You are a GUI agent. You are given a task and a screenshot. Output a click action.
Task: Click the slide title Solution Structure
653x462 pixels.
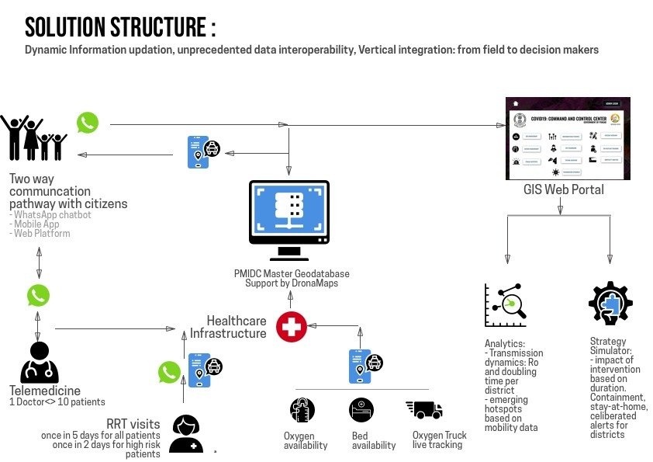point(120,27)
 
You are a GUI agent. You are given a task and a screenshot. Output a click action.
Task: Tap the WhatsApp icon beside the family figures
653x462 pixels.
point(88,123)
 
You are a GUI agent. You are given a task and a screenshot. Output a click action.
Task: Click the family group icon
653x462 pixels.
point(33,138)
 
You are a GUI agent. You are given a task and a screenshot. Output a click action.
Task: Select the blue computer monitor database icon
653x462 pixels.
point(289,220)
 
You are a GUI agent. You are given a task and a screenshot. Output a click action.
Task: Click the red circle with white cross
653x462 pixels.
point(292,327)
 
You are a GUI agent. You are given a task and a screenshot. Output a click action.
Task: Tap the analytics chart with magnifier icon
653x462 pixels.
point(506,304)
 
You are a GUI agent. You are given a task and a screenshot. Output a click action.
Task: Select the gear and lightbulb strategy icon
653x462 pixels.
point(611,305)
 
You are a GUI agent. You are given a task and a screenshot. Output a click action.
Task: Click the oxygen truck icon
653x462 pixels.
point(423,410)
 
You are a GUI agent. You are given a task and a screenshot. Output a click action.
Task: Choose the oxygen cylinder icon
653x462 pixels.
point(302,410)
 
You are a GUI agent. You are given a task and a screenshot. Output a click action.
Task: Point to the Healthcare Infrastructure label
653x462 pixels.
point(236,327)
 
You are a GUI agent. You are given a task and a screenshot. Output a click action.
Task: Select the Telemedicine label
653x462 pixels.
point(45,391)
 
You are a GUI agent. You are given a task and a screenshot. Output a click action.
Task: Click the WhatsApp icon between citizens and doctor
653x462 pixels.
point(38,295)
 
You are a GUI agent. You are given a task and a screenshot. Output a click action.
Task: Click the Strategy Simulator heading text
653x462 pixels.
point(607,346)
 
